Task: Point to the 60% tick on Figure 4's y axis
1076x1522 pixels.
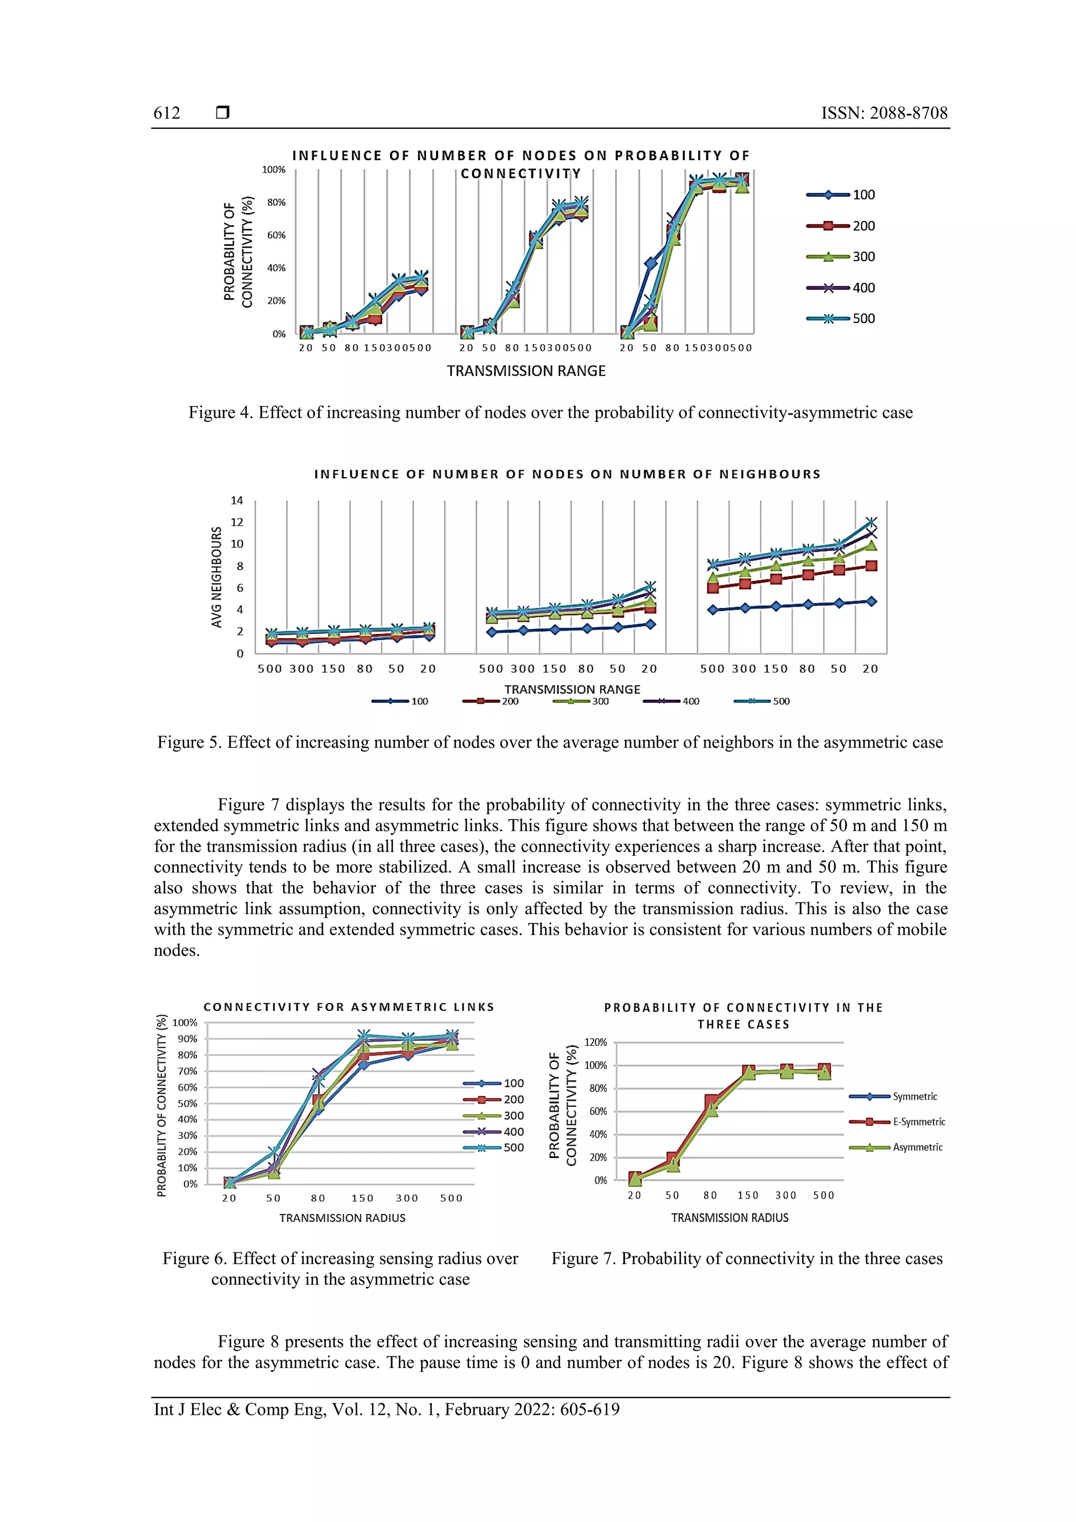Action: click(276, 235)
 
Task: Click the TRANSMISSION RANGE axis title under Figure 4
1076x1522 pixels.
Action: click(526, 370)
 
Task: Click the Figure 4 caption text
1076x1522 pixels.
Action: click(550, 412)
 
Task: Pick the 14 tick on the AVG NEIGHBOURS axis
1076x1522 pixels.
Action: click(236, 501)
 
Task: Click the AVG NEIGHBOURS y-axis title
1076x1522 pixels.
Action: click(216, 577)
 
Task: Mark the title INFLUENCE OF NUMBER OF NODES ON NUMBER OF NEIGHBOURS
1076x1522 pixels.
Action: click(567, 474)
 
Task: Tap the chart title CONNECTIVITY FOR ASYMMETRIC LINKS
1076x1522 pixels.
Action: click(349, 1007)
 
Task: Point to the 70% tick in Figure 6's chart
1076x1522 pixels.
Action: click(187, 1071)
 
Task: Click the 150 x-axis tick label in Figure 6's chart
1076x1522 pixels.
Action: click(363, 1198)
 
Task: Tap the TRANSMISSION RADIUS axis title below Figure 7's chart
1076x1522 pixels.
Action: click(729, 1218)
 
